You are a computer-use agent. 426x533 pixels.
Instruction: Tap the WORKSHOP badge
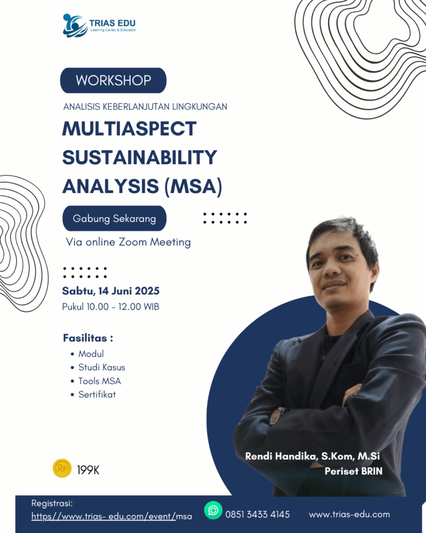pyautogui.click(x=113, y=80)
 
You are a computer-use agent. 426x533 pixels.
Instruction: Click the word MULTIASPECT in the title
pyautogui.click(x=130, y=129)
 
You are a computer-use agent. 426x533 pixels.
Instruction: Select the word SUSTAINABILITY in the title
pyautogui.click(x=139, y=157)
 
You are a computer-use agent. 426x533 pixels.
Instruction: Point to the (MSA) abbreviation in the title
pyautogui.click(x=193, y=187)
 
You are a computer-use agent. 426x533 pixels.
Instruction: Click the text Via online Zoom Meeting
pyautogui.click(x=128, y=242)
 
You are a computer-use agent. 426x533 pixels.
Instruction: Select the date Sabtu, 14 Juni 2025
pyautogui.click(x=111, y=291)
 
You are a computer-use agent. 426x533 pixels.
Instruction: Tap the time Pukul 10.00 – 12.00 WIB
pyautogui.click(x=110, y=307)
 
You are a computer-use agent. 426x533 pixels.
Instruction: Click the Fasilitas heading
pyautogui.click(x=88, y=338)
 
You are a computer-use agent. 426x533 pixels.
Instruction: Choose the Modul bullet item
pyautogui.click(x=91, y=354)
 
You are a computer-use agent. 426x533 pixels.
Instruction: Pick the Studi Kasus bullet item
pyautogui.click(x=101, y=367)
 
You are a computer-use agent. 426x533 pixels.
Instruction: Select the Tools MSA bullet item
pyautogui.click(x=99, y=381)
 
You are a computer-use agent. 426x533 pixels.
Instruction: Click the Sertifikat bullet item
pyautogui.click(x=97, y=395)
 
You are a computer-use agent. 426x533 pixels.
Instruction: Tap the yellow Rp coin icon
pyautogui.click(x=62, y=468)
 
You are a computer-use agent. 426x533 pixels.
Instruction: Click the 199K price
pyautogui.click(x=88, y=470)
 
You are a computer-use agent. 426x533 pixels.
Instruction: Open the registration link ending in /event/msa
pyautogui.click(x=111, y=516)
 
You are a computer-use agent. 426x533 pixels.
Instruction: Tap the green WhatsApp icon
pyautogui.click(x=213, y=510)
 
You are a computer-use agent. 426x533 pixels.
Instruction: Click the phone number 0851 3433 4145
pyautogui.click(x=257, y=514)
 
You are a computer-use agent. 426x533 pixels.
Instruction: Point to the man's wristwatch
pyautogui.click(x=278, y=416)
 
